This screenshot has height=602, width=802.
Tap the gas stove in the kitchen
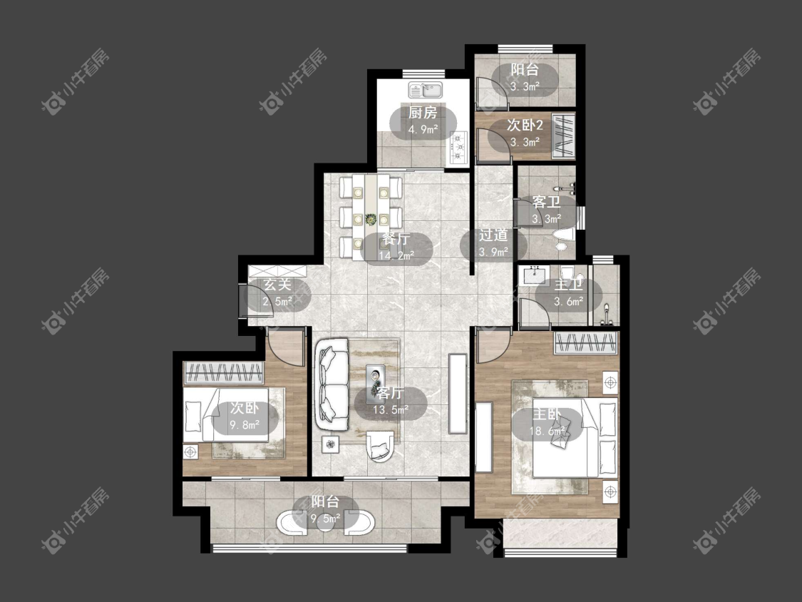click(459, 148)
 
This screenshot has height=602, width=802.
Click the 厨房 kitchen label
click(423, 113)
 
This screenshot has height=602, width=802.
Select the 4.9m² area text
click(423, 129)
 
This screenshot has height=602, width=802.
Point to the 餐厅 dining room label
click(396, 239)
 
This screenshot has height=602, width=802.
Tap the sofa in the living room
click(332, 384)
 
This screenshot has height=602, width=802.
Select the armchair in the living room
click(381, 446)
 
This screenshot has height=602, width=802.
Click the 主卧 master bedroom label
click(547, 414)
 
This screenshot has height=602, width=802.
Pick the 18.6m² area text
click(547, 431)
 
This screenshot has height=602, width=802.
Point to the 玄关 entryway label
click(278, 285)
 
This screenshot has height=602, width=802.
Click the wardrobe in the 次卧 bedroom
click(224, 372)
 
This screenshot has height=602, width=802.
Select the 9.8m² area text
click(245, 424)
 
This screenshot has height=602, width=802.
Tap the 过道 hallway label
click(493, 235)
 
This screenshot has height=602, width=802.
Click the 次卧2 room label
click(525, 126)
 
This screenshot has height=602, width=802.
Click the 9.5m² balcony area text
click(327, 519)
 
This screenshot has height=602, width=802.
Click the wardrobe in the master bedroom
click(586, 343)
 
